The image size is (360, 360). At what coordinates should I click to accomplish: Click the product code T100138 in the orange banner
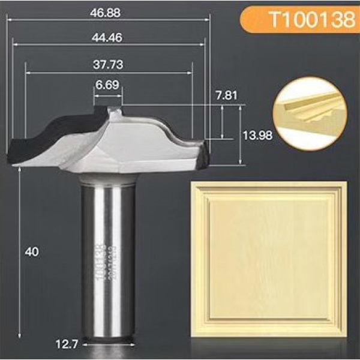311,20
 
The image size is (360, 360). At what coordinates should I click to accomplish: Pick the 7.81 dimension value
226,95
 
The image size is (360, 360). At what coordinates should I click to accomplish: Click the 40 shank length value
32,252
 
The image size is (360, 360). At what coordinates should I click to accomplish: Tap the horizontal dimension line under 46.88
110,19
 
